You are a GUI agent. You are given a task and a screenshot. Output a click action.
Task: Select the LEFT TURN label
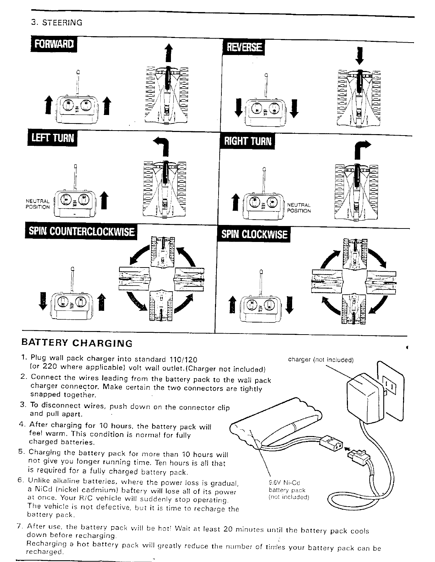click(x=52, y=138)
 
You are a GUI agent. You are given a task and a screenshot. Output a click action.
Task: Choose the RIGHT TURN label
click(x=247, y=141)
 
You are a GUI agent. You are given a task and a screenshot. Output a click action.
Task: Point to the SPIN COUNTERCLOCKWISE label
click(x=81, y=232)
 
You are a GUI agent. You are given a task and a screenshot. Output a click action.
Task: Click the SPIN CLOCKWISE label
click(x=254, y=234)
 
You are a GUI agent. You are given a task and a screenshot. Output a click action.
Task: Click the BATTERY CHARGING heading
click(x=77, y=343)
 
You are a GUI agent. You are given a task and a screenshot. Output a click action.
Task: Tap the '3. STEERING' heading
click(x=57, y=23)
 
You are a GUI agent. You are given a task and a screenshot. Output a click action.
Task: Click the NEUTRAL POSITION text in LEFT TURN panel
click(x=38, y=204)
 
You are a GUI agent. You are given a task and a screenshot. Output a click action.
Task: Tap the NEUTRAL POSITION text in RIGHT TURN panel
click(x=299, y=208)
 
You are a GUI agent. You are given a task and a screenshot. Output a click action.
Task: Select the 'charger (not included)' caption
click(x=321, y=360)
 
